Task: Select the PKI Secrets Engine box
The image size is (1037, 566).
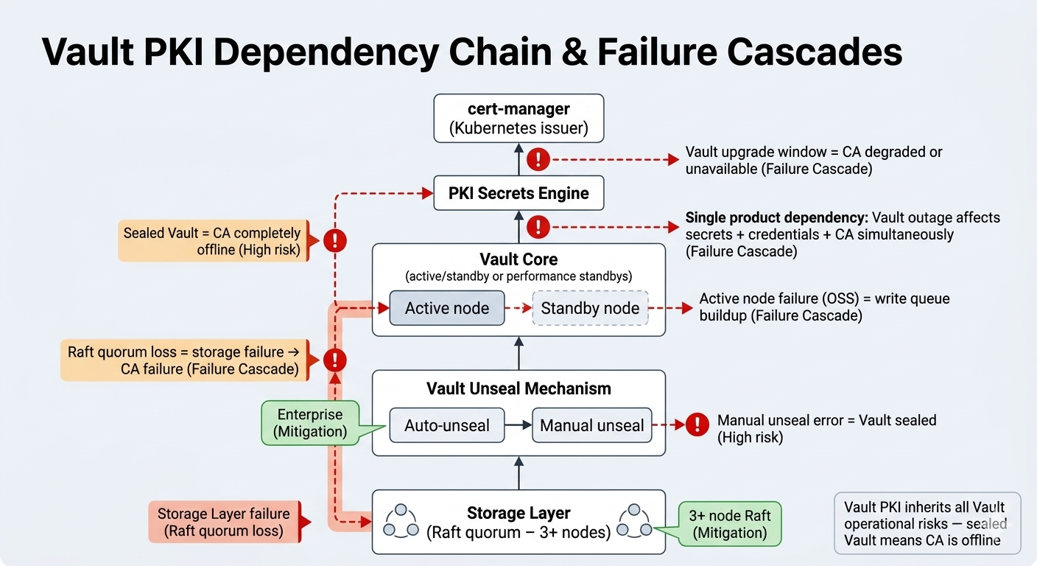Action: coord(518,193)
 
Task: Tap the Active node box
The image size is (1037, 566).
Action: coord(446,308)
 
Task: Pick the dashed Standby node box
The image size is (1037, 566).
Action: coord(590,308)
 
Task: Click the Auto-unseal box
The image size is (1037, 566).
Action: coord(446,425)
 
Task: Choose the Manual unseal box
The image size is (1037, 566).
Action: coord(591,425)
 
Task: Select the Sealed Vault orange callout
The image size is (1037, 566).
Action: coord(211,241)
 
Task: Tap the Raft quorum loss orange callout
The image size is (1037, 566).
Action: coord(183,360)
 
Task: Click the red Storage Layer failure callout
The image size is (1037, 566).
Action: coord(223,522)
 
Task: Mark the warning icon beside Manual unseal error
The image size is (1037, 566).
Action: coord(696,424)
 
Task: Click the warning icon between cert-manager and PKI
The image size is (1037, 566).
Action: coord(539,158)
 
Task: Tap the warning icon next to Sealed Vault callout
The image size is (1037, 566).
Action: coord(335,240)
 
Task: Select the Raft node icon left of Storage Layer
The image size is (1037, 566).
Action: coord(401,520)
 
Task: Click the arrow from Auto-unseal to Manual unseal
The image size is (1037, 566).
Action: coord(518,425)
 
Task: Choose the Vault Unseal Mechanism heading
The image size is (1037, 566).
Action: coord(518,388)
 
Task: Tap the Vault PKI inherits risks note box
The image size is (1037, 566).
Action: coord(927,523)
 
